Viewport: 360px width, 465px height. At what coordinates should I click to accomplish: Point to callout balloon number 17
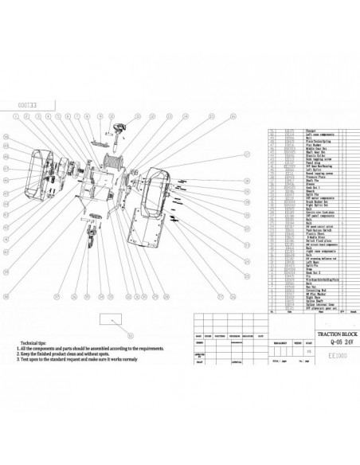(x=247, y=153)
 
